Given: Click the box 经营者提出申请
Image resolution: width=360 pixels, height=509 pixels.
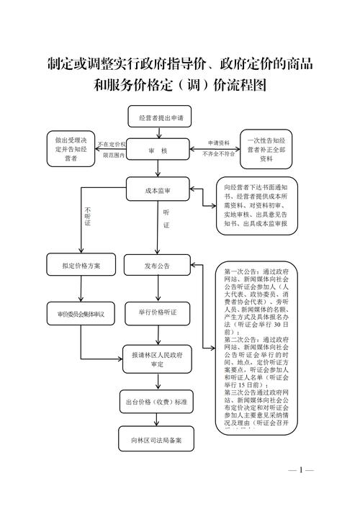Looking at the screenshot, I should [x=156, y=117].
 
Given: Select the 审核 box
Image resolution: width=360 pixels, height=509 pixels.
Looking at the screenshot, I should [x=158, y=150].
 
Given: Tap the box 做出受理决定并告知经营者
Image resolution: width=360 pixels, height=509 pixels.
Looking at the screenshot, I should [x=72, y=149].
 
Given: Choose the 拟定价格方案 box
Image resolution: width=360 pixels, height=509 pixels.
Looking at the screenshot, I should [x=81, y=266].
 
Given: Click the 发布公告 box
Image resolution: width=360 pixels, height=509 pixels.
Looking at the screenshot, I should [x=157, y=266].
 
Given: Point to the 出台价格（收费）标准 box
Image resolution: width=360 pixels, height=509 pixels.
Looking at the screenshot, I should [x=157, y=402].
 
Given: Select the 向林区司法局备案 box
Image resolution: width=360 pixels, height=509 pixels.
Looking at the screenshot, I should [x=157, y=440].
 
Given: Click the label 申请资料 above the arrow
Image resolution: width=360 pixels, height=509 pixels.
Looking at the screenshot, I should [x=218, y=143].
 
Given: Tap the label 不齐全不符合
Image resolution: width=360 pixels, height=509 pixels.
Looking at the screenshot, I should [x=218, y=154].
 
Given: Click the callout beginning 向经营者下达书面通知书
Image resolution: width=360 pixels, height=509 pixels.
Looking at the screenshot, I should [x=255, y=207].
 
